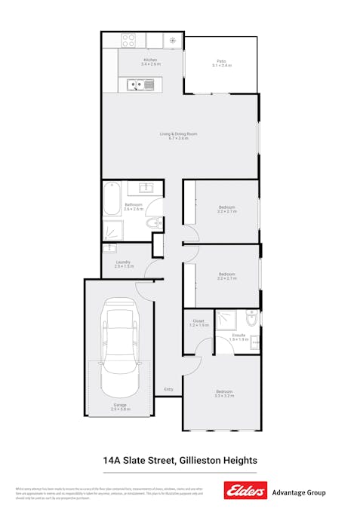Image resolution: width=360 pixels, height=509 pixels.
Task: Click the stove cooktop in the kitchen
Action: [x=128, y=40]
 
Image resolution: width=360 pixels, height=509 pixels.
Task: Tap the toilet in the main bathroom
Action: [x=153, y=222]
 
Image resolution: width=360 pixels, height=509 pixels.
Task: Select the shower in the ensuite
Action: [x=226, y=321]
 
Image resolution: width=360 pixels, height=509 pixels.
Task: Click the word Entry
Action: [x=168, y=389]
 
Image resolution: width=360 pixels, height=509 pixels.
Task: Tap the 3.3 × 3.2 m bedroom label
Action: [x=224, y=394]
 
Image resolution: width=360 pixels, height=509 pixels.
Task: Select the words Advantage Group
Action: [x=298, y=492]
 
